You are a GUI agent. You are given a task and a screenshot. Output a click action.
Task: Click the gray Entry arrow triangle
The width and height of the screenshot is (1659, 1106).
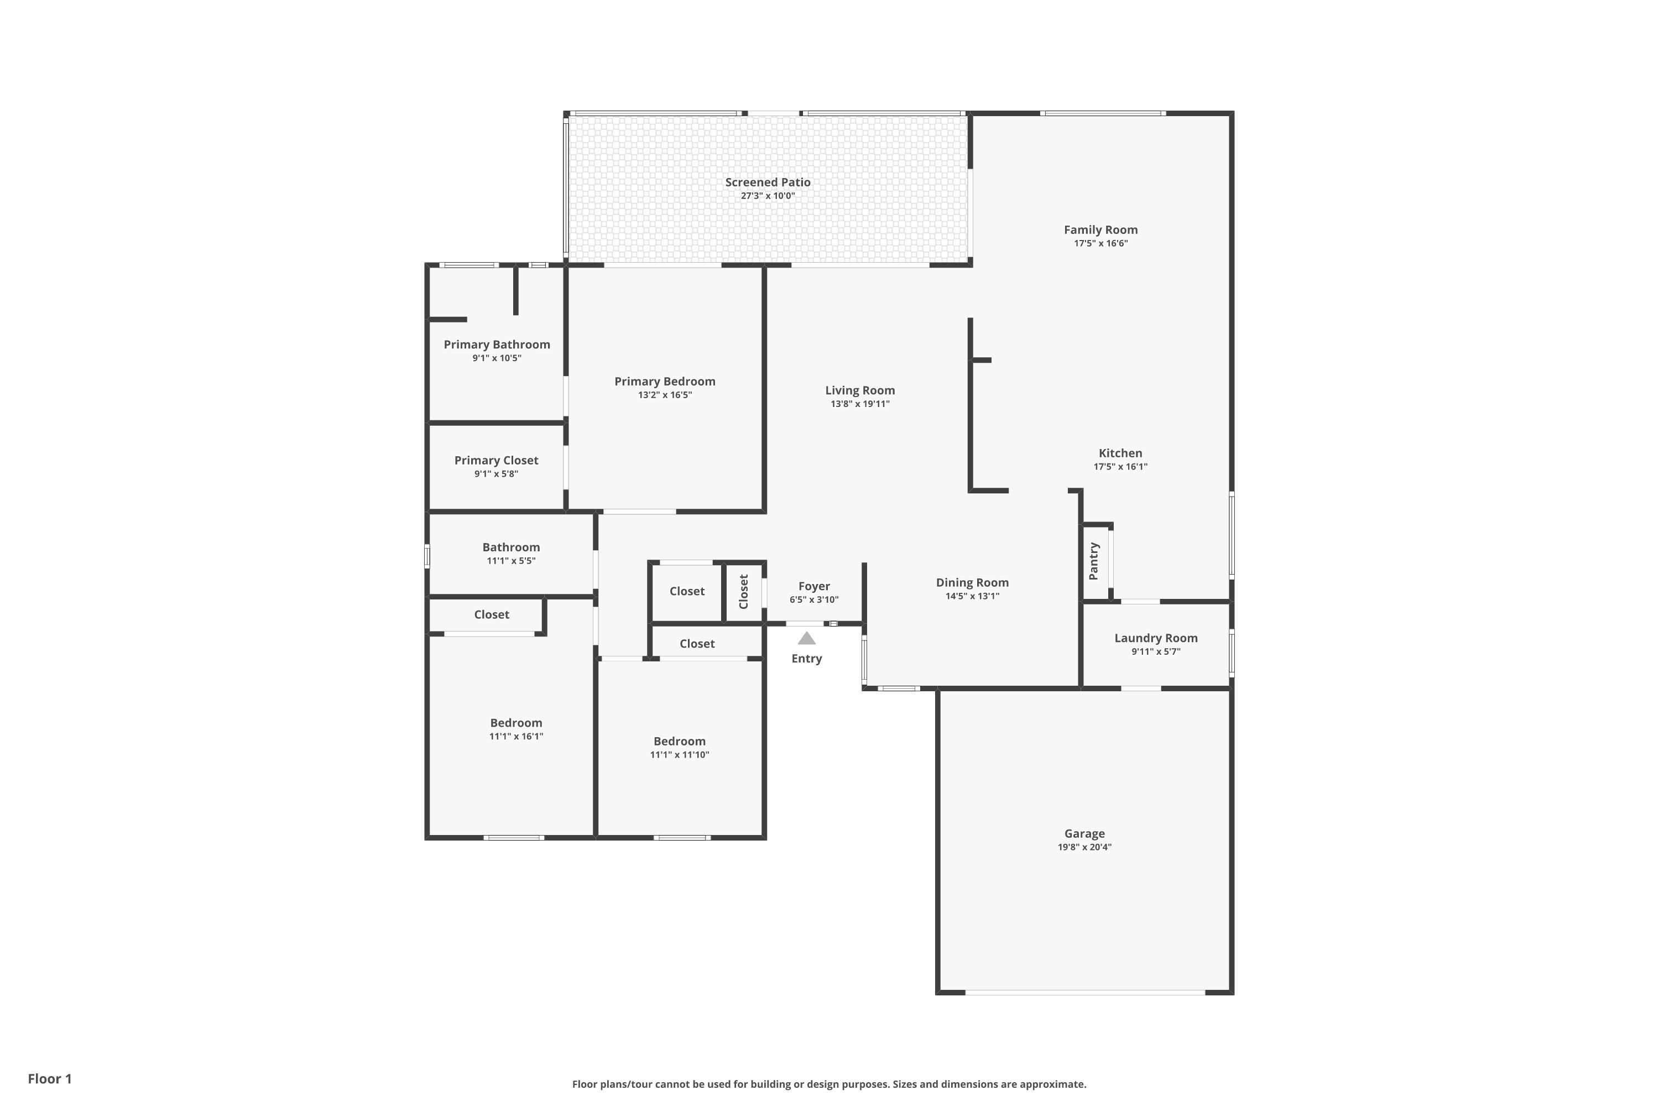pyautogui.click(x=806, y=638)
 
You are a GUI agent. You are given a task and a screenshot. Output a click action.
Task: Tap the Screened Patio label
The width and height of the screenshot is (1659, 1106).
pyautogui.click(x=768, y=182)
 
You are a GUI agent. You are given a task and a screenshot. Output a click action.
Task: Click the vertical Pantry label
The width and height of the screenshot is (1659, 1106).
pyautogui.click(x=1093, y=561)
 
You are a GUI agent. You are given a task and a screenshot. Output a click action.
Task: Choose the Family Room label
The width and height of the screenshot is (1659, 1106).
pyautogui.click(x=1100, y=230)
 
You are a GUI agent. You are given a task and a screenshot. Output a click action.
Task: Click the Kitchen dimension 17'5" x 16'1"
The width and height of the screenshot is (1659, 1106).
pyautogui.click(x=1120, y=466)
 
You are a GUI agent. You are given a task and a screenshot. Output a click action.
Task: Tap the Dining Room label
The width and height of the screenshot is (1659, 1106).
pyautogui.click(x=972, y=583)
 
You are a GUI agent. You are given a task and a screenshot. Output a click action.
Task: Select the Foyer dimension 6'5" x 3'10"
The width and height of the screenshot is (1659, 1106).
pyautogui.click(x=814, y=599)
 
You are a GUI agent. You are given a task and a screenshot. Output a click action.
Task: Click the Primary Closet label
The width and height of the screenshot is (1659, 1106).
pyautogui.click(x=496, y=461)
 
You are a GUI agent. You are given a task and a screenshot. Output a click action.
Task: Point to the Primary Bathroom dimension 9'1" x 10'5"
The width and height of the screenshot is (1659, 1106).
pyautogui.click(x=497, y=358)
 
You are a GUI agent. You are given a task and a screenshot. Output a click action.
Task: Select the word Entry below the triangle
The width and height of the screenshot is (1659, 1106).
pyautogui.click(x=806, y=659)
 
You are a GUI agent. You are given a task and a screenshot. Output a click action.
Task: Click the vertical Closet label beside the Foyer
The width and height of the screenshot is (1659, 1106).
pyautogui.click(x=743, y=592)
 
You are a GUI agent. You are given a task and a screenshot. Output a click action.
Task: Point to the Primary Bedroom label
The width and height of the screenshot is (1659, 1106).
pyautogui.click(x=665, y=382)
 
